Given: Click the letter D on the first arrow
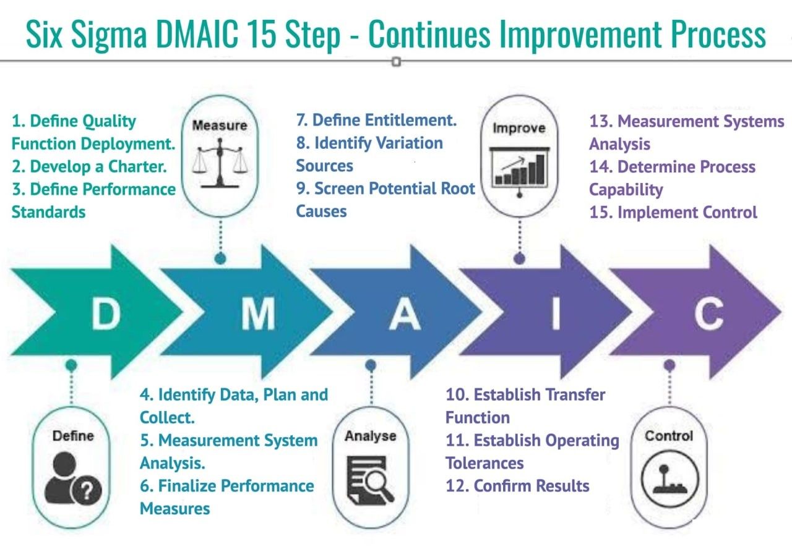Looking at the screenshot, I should coord(106,313).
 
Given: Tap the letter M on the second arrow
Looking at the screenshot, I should coord(257,313).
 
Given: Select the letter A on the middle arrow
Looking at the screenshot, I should coord(405,313).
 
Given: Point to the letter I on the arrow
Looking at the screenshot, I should coord(555,313).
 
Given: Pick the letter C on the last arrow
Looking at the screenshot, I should coord(708,313).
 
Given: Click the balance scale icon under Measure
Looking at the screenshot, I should coord(219,163).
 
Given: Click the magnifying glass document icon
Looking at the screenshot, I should coord(370,478).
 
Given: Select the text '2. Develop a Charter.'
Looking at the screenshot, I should coord(89,167).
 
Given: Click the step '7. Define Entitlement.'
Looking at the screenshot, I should coord(376,120).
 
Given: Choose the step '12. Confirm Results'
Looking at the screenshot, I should coord(517,486).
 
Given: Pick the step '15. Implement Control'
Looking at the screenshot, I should coord(673,213).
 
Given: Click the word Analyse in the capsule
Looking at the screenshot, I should coord(370,436).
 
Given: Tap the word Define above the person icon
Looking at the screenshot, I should coord(73,436).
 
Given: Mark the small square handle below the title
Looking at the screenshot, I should coord(397,62).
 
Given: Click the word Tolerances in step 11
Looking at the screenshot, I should coord(484,463).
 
